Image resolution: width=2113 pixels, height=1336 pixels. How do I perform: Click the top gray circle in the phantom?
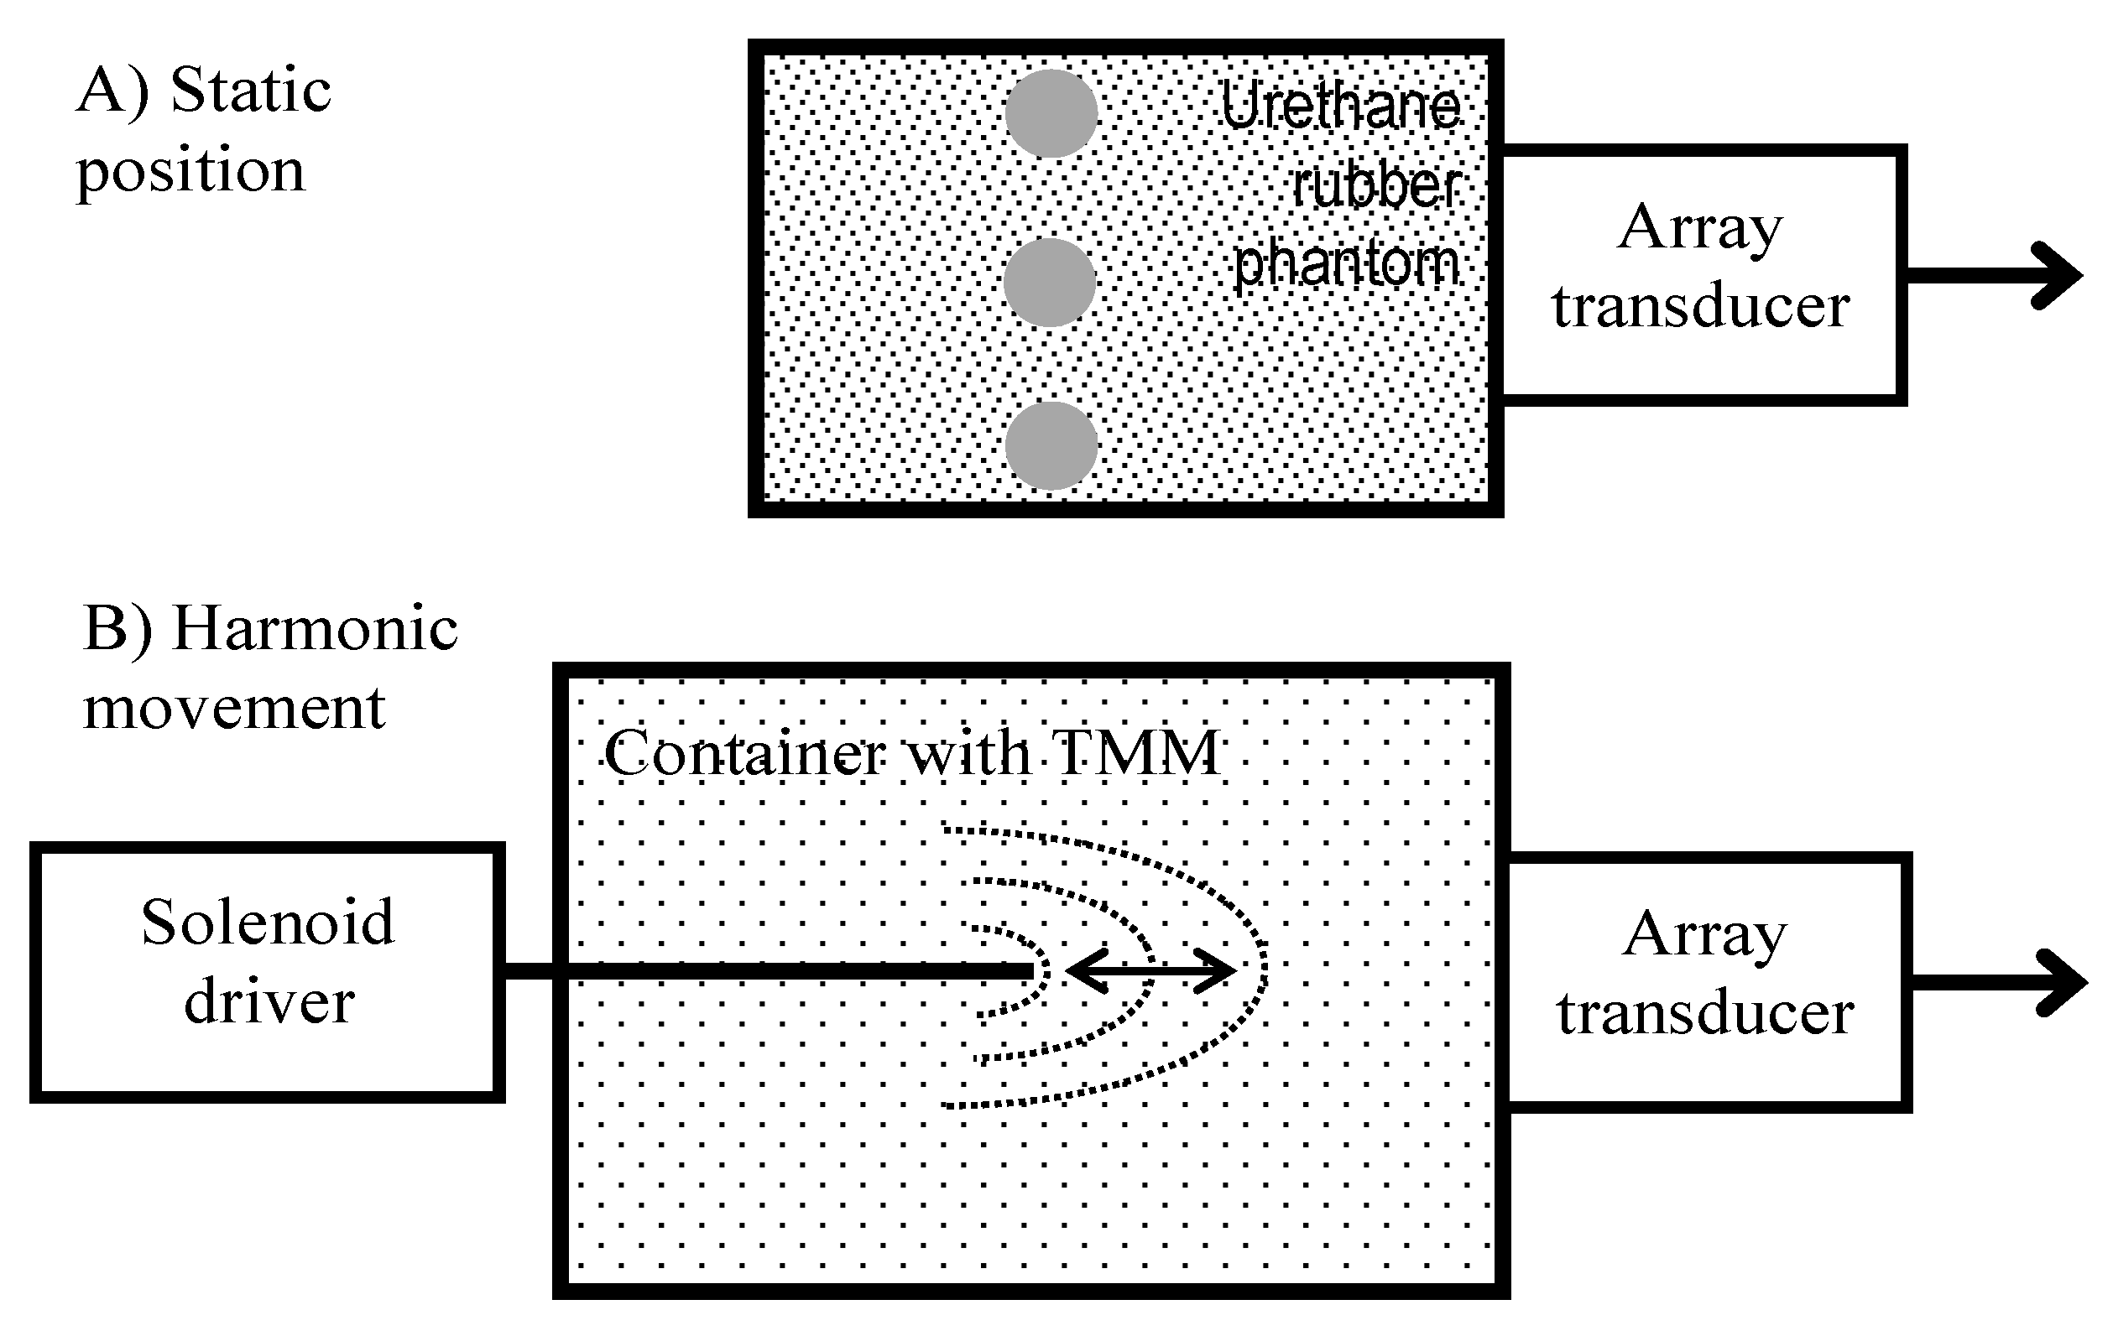[x=1051, y=114]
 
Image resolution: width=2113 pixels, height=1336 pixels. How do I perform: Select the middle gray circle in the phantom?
[x=1050, y=283]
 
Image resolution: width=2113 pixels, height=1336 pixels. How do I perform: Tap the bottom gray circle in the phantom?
[x=1051, y=445]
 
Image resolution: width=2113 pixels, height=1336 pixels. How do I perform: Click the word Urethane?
[x=1340, y=107]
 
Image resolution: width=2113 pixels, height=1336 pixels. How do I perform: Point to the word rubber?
[x=1376, y=186]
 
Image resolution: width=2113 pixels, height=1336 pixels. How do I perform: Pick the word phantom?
[x=1346, y=263]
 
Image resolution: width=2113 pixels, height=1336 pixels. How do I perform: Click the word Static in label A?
[x=251, y=91]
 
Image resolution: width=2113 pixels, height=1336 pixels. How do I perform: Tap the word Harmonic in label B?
[x=315, y=628]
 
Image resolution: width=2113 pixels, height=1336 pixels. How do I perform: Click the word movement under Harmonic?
[x=234, y=707]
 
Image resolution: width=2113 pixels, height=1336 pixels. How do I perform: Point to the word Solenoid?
[x=268, y=922]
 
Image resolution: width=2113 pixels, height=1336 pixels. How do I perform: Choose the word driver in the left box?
[x=269, y=1001]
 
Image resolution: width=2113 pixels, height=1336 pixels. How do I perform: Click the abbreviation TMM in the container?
[x=1137, y=752]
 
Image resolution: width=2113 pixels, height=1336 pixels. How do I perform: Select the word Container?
[x=745, y=752]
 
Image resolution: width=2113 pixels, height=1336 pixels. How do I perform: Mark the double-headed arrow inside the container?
[x=1150, y=971]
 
